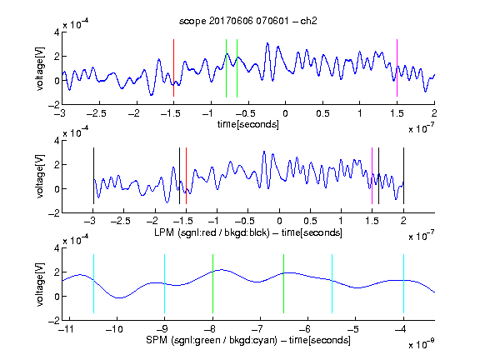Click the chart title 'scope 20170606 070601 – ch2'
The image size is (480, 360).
248,21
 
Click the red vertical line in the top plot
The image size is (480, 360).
173,68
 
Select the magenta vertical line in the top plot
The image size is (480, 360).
397,68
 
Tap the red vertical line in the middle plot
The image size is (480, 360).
186,176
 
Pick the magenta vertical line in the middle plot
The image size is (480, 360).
372,176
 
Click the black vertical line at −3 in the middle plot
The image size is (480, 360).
93,176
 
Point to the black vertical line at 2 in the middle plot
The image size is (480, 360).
403,176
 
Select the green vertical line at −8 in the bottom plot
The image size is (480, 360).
212,284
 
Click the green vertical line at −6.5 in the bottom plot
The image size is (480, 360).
284,284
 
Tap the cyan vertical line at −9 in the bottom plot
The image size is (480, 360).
164,284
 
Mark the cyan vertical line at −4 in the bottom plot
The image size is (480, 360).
403,284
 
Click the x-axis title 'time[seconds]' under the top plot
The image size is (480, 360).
248,124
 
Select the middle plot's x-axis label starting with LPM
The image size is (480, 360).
248,232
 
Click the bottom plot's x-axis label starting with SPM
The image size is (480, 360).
248,340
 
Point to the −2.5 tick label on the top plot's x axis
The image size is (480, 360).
97,113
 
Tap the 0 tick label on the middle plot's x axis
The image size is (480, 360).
279,221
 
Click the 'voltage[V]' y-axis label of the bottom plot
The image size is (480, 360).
40,284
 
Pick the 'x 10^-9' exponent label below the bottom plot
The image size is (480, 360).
421,344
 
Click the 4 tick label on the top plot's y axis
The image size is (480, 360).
57,32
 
